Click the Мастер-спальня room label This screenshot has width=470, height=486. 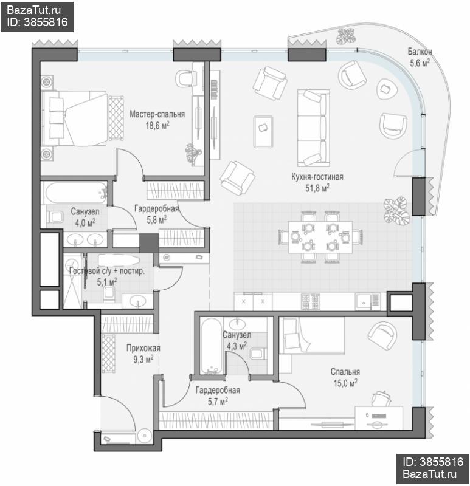(x=157, y=114)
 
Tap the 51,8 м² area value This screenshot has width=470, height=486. (x=317, y=188)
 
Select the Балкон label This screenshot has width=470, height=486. (x=420, y=52)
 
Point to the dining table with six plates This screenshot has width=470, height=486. (x=320, y=237)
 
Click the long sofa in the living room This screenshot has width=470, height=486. (x=313, y=128)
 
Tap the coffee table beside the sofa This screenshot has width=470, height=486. (x=263, y=131)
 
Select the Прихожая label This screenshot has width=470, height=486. (x=143, y=348)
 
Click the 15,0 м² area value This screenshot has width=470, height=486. (x=345, y=383)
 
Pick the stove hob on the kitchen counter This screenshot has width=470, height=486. (x=310, y=301)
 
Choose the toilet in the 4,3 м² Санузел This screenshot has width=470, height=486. (x=258, y=354)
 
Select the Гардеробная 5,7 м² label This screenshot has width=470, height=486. (x=218, y=395)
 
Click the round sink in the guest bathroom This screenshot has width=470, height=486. (x=137, y=300)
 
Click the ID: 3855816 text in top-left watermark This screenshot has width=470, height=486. (x=37, y=22)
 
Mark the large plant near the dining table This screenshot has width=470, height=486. (x=397, y=210)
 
